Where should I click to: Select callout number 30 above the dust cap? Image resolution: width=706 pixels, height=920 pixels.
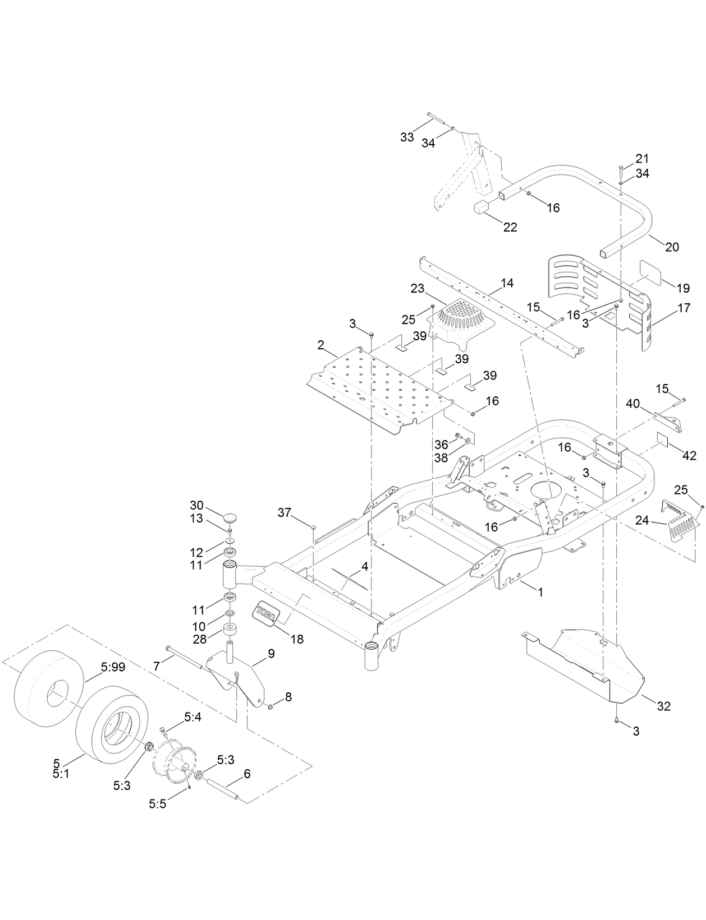tap(196, 505)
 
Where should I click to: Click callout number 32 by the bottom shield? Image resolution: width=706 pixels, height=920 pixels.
tap(663, 706)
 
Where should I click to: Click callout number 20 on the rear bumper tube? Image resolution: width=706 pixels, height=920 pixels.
tap(671, 247)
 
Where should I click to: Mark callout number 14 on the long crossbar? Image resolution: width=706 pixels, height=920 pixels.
tap(507, 283)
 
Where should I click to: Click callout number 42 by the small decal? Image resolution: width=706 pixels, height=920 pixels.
tap(688, 456)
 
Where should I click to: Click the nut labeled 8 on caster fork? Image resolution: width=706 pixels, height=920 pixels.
tap(271, 706)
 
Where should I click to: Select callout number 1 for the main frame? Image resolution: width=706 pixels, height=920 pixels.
tap(540, 592)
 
